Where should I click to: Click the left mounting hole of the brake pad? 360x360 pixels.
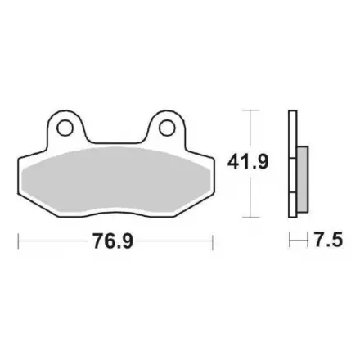pos(65,128)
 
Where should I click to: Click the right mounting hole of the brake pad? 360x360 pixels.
pos(167,128)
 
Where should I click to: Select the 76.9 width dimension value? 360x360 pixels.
pos(113,241)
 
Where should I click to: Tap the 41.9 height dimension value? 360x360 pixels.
pos(248,162)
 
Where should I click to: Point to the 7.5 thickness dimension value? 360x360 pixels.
pos(328,240)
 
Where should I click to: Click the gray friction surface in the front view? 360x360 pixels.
pos(116,180)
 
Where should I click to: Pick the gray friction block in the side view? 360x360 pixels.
pos(303,179)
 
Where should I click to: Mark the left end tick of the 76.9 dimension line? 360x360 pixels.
pos(18,241)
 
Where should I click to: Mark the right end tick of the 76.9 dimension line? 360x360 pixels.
pos(213,241)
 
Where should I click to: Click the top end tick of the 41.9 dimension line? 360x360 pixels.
pos(250,110)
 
